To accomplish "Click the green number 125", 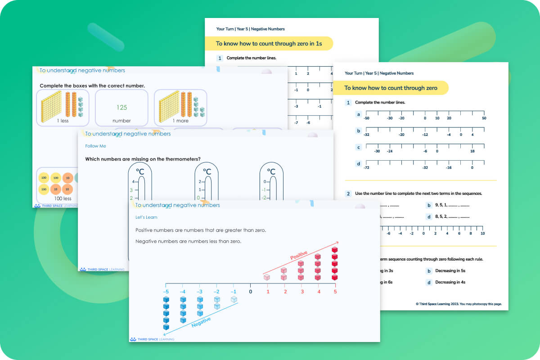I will point(121,108).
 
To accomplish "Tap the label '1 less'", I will point(63,121).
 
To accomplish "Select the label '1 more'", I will point(180,121).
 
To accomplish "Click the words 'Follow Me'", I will point(95,146).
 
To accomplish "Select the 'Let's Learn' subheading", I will point(147,217).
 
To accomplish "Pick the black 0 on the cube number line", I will point(251,292).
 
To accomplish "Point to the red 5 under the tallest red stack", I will point(334,292).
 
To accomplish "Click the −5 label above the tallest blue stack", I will point(166,292).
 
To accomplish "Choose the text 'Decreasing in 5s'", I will point(450,271).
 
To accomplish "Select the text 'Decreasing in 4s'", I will point(450,282).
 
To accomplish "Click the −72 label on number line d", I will point(367,167).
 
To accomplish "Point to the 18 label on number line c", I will point(472,151).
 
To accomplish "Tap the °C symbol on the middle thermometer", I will point(207,171).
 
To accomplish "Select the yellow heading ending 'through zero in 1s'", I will point(269,44).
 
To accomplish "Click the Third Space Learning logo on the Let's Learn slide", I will point(152,339).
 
